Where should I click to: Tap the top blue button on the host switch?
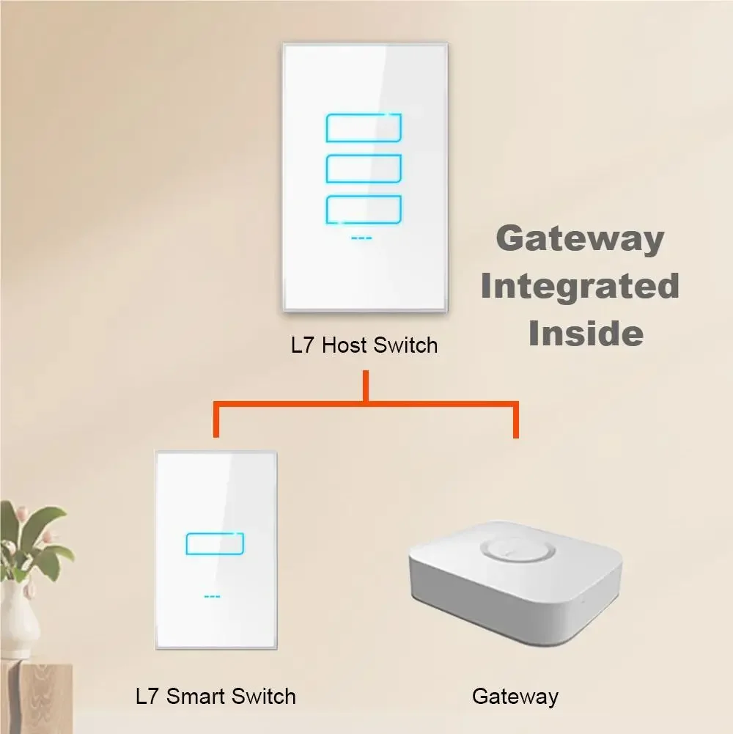[364, 128]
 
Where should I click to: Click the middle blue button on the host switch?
[364, 169]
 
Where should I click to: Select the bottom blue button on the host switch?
[364, 209]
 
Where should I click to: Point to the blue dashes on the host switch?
[361, 238]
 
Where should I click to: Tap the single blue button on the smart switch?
[215, 543]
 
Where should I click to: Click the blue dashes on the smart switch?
[212, 596]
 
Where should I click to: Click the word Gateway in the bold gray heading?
[580, 239]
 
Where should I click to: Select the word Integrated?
[580, 287]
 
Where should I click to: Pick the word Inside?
[586, 333]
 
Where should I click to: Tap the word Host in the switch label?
[345, 345]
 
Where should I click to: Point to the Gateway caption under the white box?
[515, 697]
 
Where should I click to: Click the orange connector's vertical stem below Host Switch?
[366, 386]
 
